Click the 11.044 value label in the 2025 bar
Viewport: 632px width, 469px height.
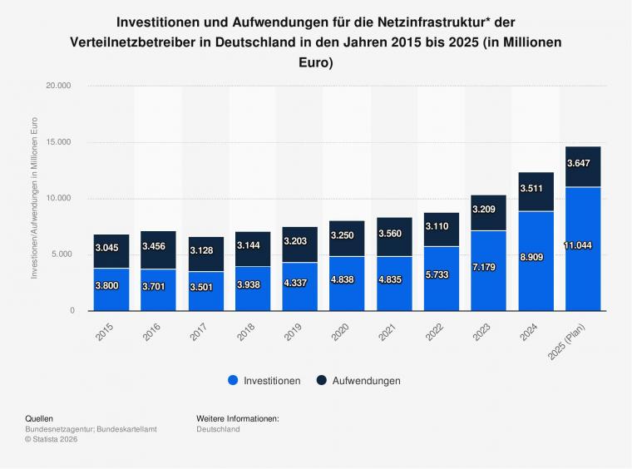point(582,247)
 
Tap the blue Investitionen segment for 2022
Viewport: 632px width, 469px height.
point(441,279)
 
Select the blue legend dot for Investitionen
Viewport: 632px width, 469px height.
point(233,381)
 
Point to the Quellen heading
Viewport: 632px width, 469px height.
point(40,418)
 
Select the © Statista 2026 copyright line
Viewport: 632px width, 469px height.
point(52,439)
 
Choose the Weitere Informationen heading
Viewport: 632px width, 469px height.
point(237,418)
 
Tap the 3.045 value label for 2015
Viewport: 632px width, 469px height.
point(111,247)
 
